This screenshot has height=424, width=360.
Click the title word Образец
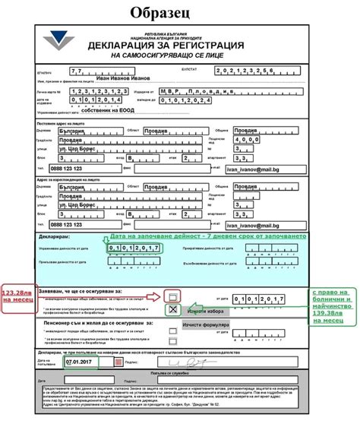[179, 13]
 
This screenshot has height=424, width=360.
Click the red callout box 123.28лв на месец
[17, 296]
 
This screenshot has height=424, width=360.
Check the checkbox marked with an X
[173, 309]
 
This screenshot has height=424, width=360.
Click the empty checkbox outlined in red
[172, 296]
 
